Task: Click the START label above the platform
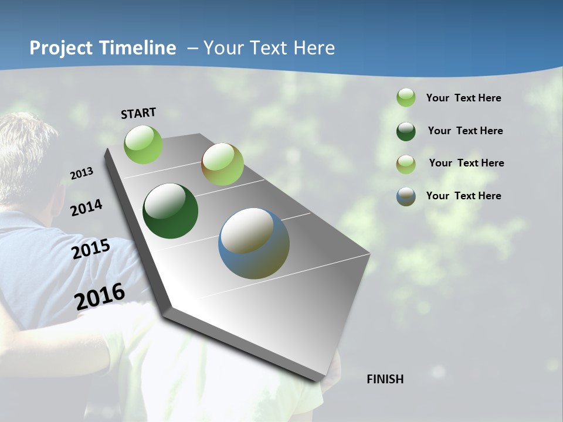point(138,113)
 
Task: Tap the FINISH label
point(385,379)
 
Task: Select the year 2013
point(82,173)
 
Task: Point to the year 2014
point(86,208)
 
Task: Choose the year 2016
point(100,295)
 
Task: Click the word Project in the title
point(62,48)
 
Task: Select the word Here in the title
point(315,48)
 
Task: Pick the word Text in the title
point(272,48)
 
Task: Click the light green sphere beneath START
point(144,144)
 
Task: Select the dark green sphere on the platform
point(170,211)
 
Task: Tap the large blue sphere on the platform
point(254,243)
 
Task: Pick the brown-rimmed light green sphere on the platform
point(222,164)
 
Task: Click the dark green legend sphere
point(406,131)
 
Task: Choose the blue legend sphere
point(406,196)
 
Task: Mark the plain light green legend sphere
point(406,97)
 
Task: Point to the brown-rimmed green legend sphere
point(406,164)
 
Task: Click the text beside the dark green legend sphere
point(465,131)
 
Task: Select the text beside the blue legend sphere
point(463,196)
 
